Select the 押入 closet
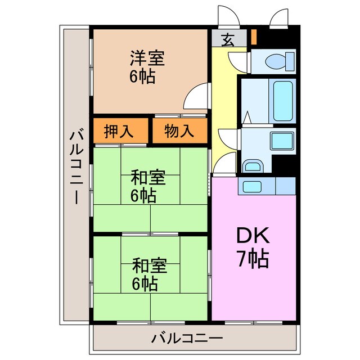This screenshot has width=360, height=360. (x=119, y=131)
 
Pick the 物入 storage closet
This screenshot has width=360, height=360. (x=178, y=131)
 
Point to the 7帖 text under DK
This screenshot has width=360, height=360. (x=251, y=259)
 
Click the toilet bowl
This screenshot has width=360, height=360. (x=278, y=60)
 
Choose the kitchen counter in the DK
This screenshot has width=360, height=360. (x=267, y=186)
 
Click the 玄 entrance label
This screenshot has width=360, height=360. (x=227, y=40)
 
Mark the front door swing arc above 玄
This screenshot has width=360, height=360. (x=228, y=15)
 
